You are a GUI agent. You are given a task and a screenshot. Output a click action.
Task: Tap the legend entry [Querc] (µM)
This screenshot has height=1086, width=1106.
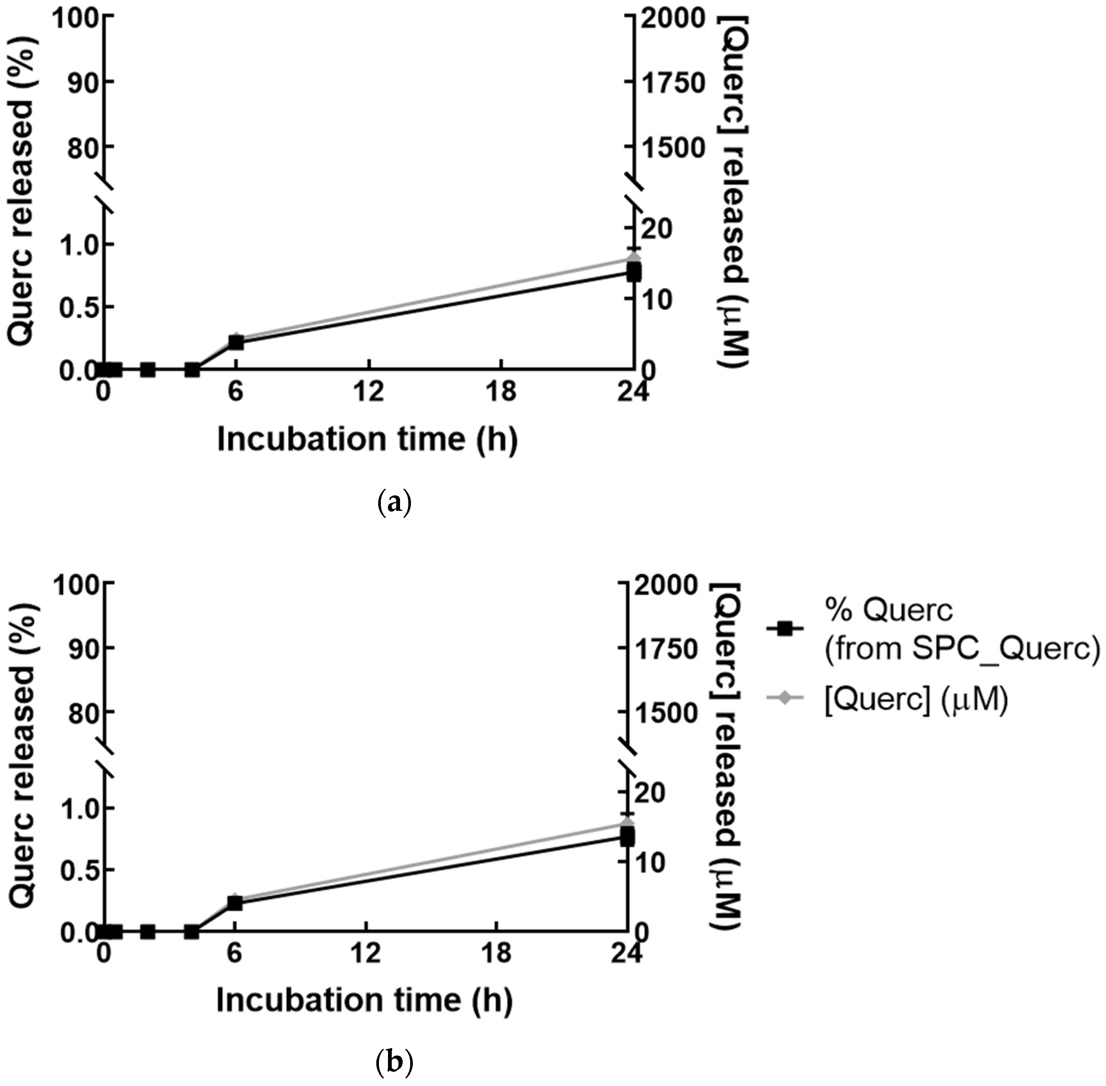point(916,698)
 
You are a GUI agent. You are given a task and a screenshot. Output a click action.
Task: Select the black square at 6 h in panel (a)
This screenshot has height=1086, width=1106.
point(236,342)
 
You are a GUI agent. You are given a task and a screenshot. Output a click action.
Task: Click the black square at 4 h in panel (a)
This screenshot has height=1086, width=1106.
point(192,370)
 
